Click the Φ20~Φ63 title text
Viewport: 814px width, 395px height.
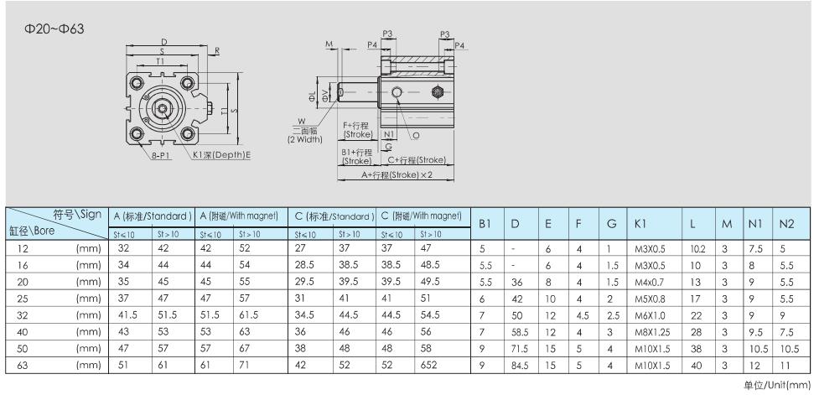tap(54, 29)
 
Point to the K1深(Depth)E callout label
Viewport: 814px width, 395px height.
tap(221, 155)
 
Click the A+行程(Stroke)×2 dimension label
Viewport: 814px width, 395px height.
tap(397, 175)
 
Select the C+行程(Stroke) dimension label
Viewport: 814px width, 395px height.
tap(417, 160)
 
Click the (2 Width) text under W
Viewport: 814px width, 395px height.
tap(305, 139)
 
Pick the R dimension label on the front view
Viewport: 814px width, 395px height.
tap(217, 50)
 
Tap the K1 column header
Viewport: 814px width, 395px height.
tap(640, 224)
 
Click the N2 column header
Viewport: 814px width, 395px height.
tap(787, 224)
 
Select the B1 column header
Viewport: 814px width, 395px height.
tap(485, 224)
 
